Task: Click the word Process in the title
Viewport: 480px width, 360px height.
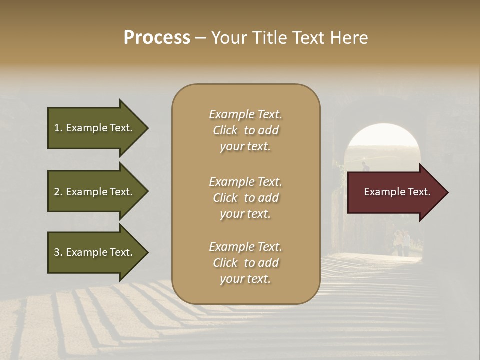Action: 157,38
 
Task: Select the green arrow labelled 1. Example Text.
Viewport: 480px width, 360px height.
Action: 93,128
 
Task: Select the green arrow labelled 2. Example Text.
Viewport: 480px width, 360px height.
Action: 93,192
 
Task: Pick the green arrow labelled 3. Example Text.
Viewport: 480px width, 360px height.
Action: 93,252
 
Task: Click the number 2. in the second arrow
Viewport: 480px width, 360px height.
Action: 58,192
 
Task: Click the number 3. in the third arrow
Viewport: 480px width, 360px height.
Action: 58,252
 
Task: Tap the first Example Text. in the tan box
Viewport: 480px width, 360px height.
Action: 245,114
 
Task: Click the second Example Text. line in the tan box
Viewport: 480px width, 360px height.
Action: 245,182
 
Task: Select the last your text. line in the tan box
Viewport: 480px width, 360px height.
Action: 245,279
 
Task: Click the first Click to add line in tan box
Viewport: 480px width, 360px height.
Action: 245,130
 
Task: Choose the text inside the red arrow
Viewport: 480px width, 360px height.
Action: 397,192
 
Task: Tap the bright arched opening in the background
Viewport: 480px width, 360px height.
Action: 382,142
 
